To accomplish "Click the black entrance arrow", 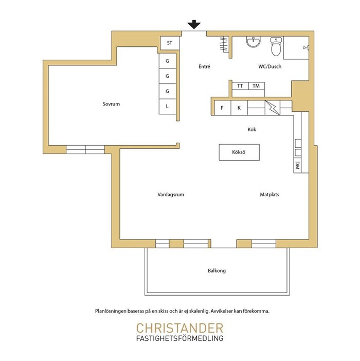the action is pyautogui.click(x=194, y=24).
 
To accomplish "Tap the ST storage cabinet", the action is pyautogui.click(x=170, y=43).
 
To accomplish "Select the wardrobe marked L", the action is pyautogui.click(x=167, y=107).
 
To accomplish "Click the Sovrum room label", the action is pyautogui.click(x=111, y=104).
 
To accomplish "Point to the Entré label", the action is pyautogui.click(x=204, y=66).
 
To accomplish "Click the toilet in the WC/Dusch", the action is pyautogui.click(x=276, y=47).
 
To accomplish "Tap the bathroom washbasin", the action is pyautogui.click(x=254, y=41).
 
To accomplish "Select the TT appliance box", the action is pyautogui.click(x=240, y=86).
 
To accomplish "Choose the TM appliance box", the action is pyautogui.click(x=256, y=86).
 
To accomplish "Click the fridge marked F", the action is pyautogui.click(x=222, y=108).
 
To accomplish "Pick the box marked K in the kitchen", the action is pyautogui.click(x=239, y=108).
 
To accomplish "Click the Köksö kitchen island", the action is pyautogui.click(x=239, y=152).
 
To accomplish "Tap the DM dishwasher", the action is pyautogui.click(x=297, y=165).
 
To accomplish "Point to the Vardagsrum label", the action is pyautogui.click(x=171, y=195).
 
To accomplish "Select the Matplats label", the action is pyautogui.click(x=269, y=195).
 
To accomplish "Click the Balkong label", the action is pyautogui.click(x=217, y=270).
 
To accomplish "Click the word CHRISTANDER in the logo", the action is pyautogui.click(x=180, y=328).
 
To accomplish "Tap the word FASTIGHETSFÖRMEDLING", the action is pyautogui.click(x=180, y=338).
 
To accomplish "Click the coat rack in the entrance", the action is pyautogui.click(x=224, y=44).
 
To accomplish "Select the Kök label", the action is pyautogui.click(x=251, y=129).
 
